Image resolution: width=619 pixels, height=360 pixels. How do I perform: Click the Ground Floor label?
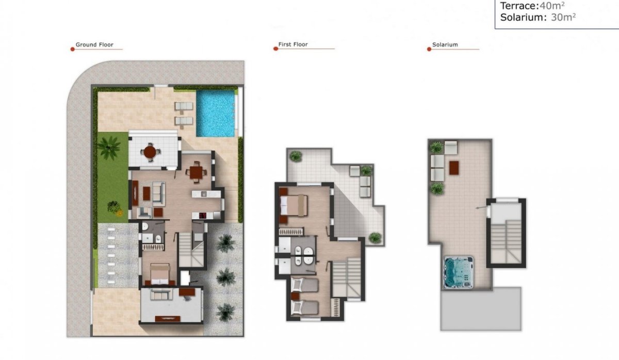tap(94, 45)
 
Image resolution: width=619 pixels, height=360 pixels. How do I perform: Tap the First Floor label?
tap(293, 45)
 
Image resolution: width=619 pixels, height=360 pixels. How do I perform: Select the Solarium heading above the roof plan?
tap(445, 45)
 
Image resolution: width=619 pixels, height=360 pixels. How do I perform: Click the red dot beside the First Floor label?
tap(275, 49)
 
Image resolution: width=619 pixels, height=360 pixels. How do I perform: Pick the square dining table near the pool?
tap(196, 172)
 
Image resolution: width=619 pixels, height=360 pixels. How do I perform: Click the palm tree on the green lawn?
tap(109, 146)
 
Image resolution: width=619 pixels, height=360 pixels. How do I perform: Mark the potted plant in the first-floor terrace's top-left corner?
tap(296, 155)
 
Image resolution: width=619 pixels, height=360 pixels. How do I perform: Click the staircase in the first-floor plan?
tap(346, 279)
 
